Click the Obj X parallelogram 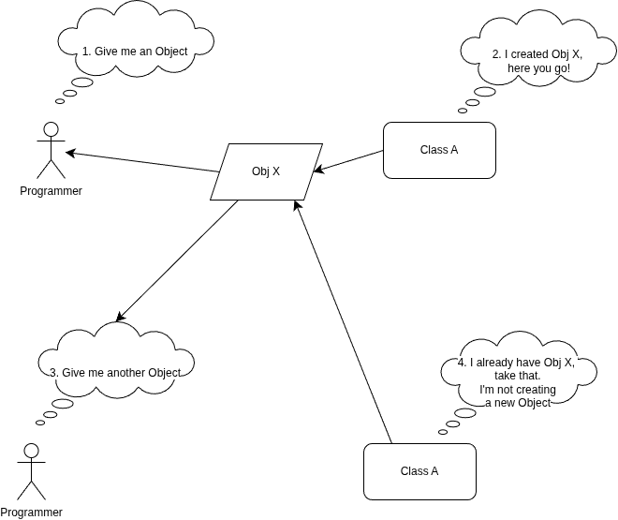point(266,171)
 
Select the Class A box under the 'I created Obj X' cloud point(439,150)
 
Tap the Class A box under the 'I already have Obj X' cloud point(419,471)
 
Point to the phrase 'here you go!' point(538,68)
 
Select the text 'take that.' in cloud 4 point(518,376)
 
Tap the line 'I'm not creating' point(518,390)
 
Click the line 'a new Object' point(518,403)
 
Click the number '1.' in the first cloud point(87,52)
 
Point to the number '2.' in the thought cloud point(497,54)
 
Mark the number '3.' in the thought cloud point(54,373)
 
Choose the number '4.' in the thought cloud point(463,363)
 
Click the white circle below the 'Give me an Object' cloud point(51,129)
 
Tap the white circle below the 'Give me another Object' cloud point(31,451)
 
